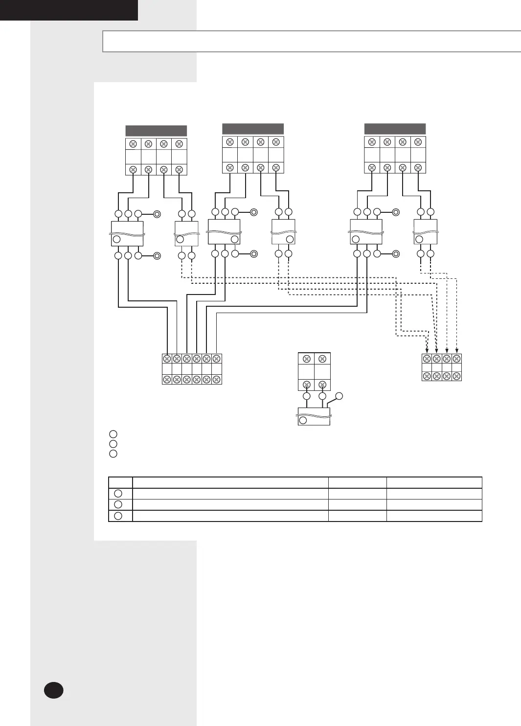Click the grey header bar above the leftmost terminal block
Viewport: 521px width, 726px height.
tap(156, 131)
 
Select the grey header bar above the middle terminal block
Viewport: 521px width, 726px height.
tap(253, 129)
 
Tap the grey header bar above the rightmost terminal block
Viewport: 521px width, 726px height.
tap(395, 129)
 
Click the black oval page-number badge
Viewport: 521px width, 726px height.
tap(53, 690)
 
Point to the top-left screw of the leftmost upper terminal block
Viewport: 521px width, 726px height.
tap(133, 144)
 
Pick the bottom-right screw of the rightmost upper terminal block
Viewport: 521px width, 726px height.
tap(418, 167)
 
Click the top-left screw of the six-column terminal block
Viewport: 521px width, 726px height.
tap(167, 359)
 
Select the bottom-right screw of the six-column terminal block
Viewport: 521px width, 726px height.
tap(216, 379)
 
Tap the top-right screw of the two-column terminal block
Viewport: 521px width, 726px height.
tap(322, 359)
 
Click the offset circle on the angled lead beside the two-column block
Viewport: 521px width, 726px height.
tap(340, 396)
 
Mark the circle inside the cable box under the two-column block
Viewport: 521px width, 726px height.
tap(303, 420)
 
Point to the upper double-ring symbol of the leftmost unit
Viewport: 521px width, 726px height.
tap(157, 214)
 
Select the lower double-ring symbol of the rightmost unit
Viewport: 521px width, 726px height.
tap(396, 254)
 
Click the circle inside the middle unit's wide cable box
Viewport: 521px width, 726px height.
tap(235, 239)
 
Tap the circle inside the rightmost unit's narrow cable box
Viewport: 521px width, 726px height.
tap(419, 239)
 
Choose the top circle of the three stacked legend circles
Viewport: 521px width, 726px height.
tap(113, 434)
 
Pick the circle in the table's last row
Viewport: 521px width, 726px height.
tap(118, 516)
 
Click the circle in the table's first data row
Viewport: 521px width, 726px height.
tap(118, 494)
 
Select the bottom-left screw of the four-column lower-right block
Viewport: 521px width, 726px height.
tap(427, 376)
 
